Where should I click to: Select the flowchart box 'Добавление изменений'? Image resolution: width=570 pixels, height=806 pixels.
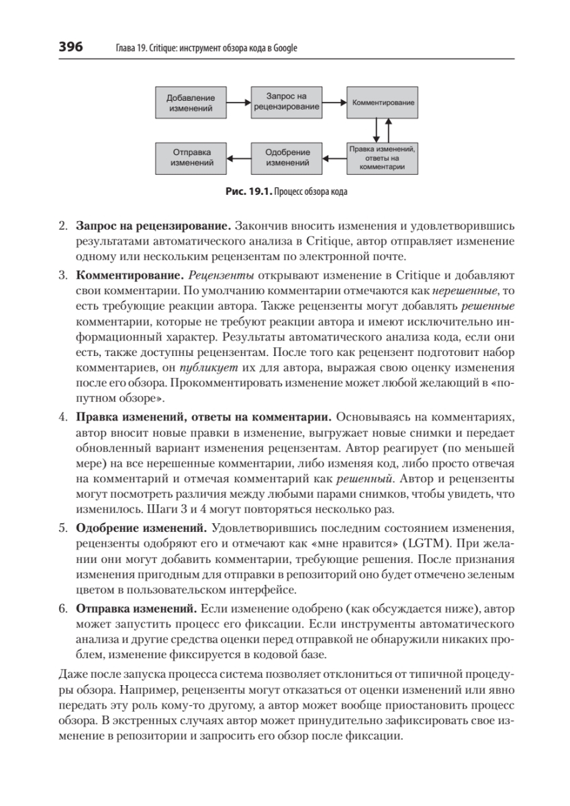pos(190,103)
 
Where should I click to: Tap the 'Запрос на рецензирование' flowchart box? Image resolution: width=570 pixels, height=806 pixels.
pos(285,102)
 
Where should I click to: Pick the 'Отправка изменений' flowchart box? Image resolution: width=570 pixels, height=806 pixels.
pos(190,157)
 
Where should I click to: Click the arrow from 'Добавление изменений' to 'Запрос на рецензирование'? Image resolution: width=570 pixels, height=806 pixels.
pos(238,103)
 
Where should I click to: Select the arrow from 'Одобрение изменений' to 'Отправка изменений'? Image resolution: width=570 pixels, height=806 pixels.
pos(238,158)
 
